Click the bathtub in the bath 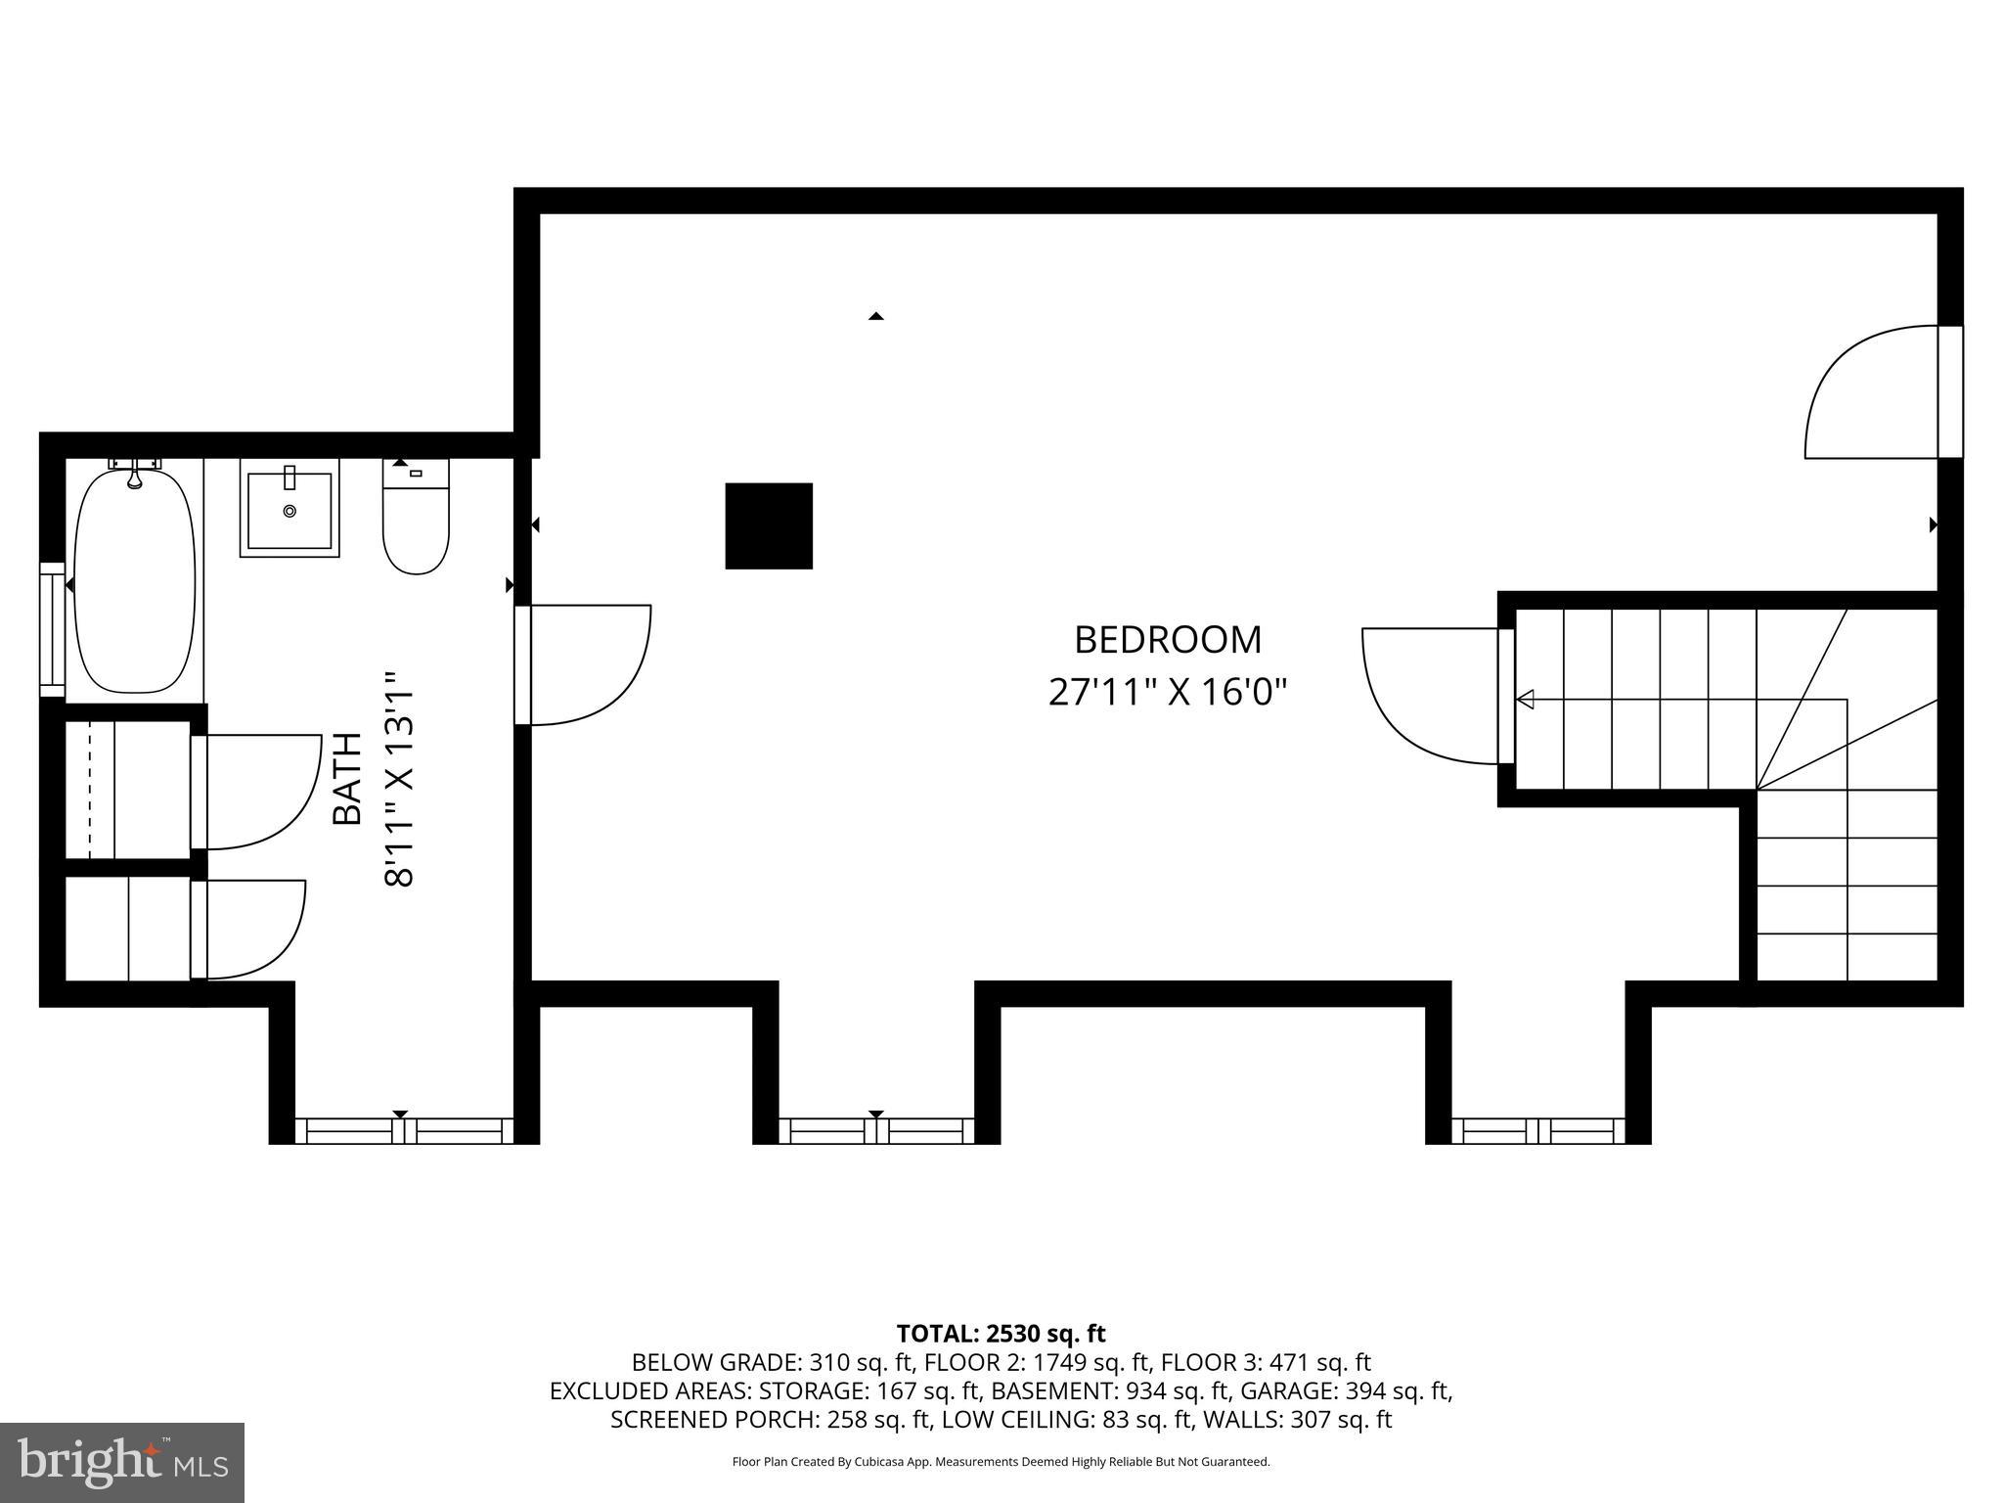pos(135,582)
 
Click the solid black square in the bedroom pos(769,525)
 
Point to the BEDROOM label pos(1168,640)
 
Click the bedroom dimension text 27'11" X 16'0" pos(1168,693)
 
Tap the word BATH pos(347,779)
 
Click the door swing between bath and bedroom pos(587,665)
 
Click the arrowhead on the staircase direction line pos(1525,700)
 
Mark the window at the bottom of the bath pos(404,1131)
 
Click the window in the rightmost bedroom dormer pos(1538,1131)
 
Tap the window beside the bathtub pos(51,629)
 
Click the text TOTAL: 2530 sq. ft pos(1001,1334)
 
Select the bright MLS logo pos(122,1462)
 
